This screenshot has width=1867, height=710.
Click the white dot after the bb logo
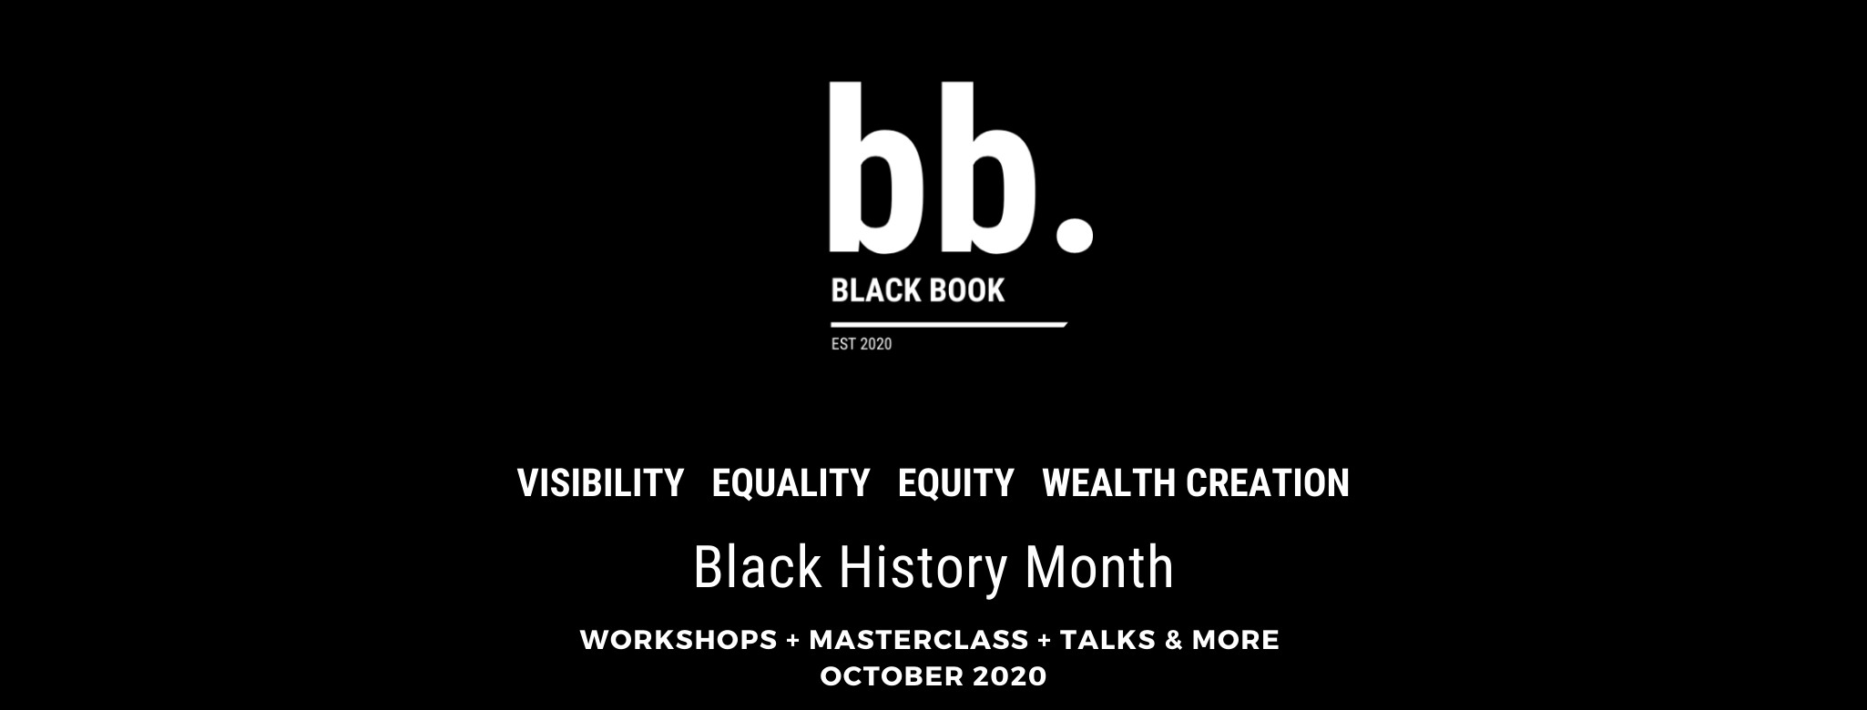point(1074,231)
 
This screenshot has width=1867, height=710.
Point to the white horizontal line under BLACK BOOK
point(948,324)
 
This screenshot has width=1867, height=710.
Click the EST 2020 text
point(862,344)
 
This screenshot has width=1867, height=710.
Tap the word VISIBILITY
point(601,482)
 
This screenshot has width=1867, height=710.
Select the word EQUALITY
point(791,482)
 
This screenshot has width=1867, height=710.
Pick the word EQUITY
point(955,482)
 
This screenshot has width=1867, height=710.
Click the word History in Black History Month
point(923,568)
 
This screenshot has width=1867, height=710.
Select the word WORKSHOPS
point(678,640)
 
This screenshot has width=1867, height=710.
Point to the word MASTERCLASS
point(919,640)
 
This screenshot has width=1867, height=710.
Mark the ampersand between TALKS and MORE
point(1174,640)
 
